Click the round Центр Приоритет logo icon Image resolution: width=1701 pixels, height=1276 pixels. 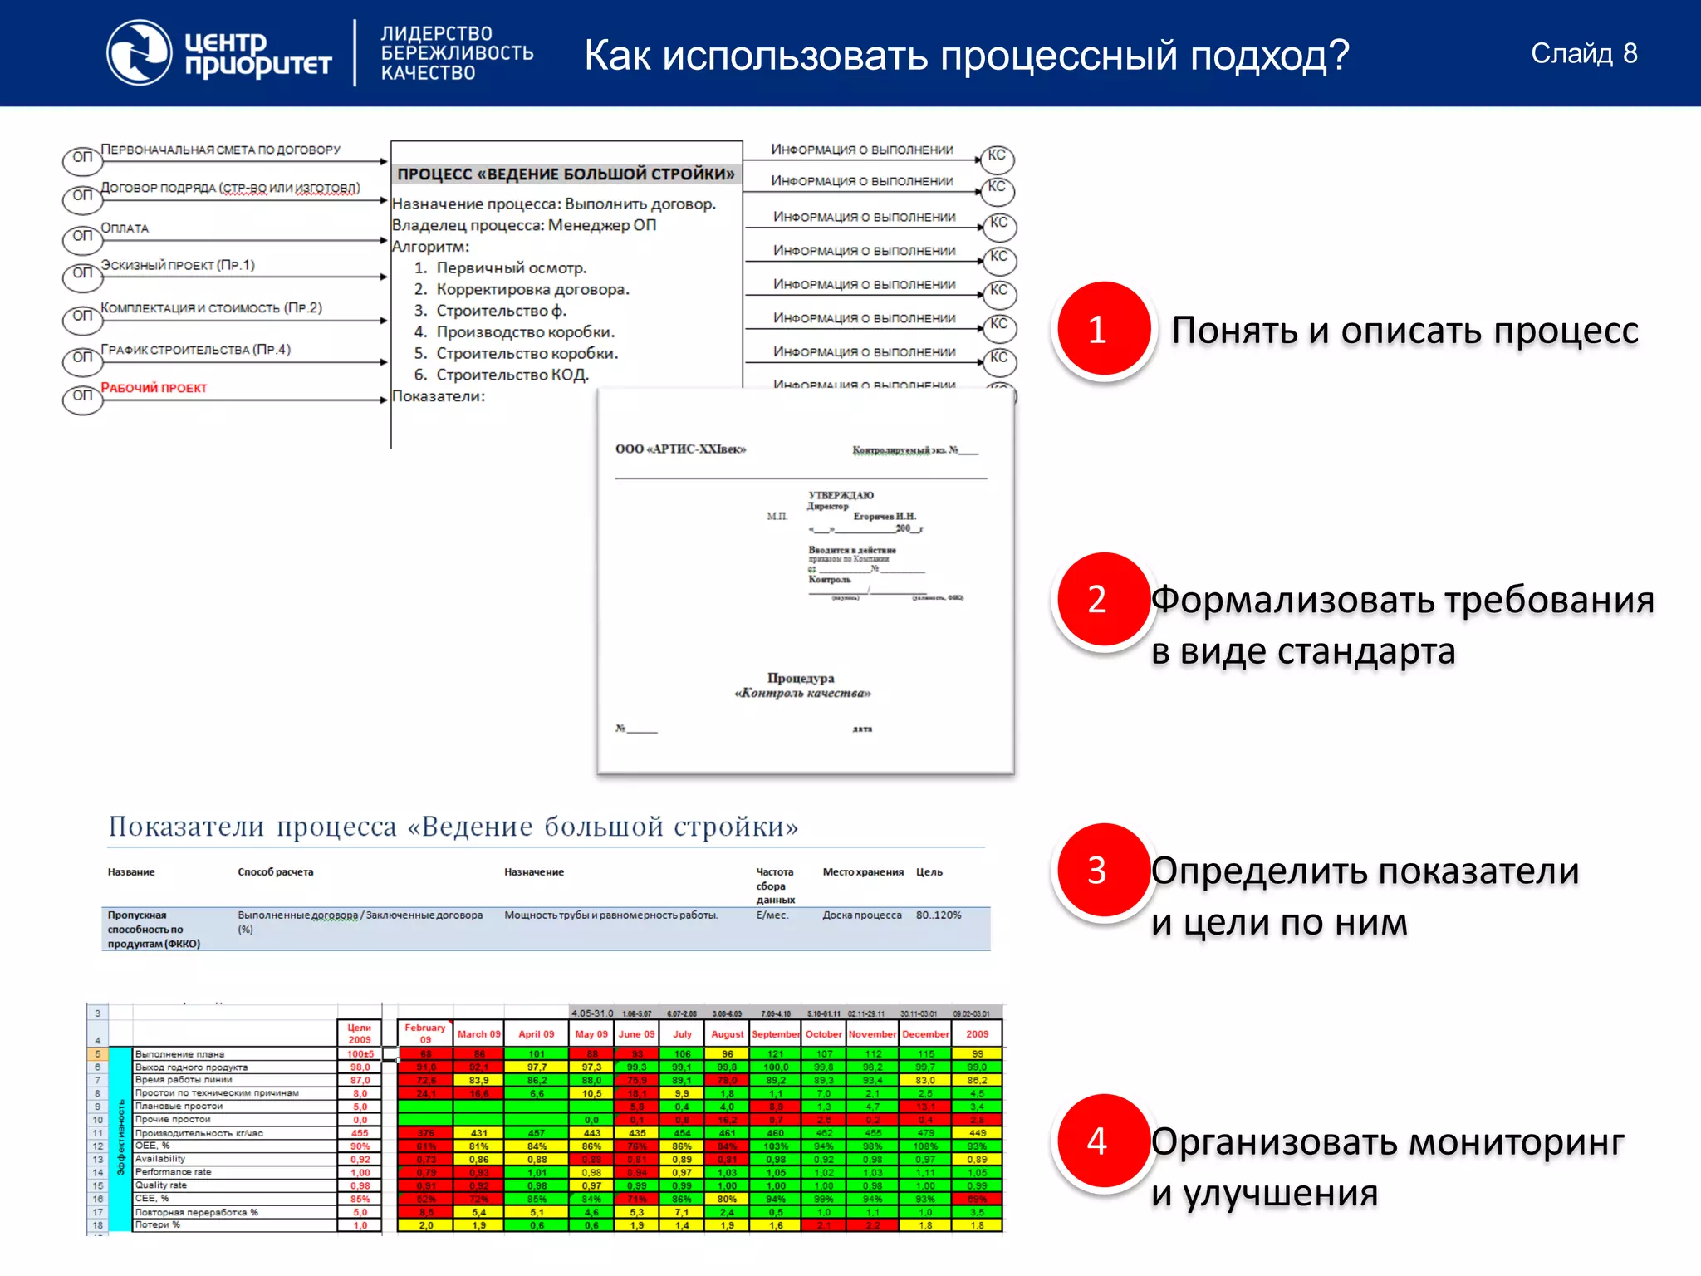[x=139, y=53]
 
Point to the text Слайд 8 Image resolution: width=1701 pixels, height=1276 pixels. [x=1584, y=54]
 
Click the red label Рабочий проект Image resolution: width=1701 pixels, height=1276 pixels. [x=154, y=388]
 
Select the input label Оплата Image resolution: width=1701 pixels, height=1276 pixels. [x=125, y=228]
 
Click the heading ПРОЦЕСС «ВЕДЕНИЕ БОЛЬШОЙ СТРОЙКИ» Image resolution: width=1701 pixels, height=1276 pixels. [x=566, y=174]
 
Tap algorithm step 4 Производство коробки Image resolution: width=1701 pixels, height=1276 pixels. [x=525, y=332]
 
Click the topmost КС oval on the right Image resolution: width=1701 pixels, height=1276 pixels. [x=997, y=156]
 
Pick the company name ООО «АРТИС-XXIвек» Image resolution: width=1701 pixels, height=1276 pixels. [x=680, y=449]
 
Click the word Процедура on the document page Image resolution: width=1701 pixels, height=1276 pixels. [x=801, y=678]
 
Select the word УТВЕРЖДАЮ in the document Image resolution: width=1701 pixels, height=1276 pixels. [x=841, y=495]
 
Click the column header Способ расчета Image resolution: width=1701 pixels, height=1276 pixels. [x=275, y=872]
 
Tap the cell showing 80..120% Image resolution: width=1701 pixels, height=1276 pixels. [x=939, y=915]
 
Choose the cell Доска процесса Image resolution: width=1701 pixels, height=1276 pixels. [x=861, y=915]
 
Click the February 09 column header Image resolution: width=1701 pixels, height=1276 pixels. [x=424, y=1033]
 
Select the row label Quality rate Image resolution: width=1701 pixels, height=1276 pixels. [x=161, y=1185]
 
